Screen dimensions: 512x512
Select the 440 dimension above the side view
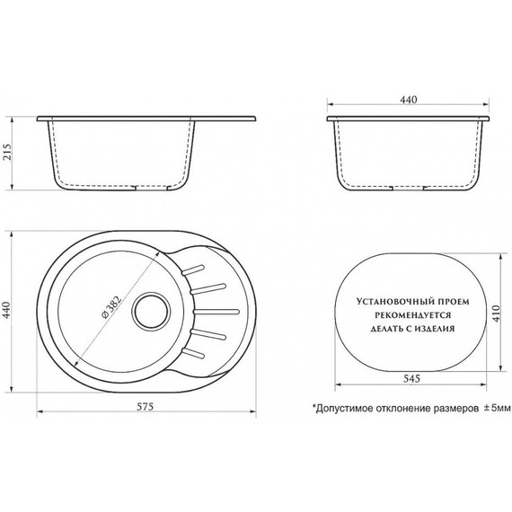pyautogui.click(x=410, y=101)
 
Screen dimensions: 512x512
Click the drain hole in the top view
pyautogui.click(x=146, y=315)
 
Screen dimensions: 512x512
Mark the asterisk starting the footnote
pyautogui.click(x=313, y=405)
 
